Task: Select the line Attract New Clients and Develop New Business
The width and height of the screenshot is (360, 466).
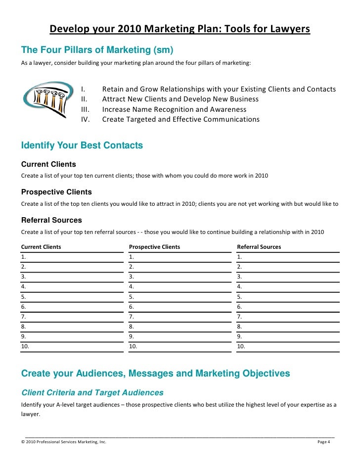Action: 180,99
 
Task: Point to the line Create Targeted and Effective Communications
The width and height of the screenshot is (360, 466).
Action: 180,119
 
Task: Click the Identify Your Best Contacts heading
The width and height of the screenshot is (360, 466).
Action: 82,145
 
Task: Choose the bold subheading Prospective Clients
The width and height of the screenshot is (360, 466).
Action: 56,192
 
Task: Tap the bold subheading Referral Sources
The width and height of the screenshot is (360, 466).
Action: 51,220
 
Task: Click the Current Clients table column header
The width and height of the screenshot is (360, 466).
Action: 41,246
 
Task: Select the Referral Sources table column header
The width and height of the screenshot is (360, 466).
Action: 259,246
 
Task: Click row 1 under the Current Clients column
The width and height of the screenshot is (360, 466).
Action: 72,257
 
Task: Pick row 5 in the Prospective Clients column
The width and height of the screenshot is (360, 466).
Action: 180,297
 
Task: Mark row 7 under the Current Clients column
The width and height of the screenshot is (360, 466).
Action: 72,317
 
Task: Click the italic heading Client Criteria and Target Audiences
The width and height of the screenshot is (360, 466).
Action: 92,393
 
